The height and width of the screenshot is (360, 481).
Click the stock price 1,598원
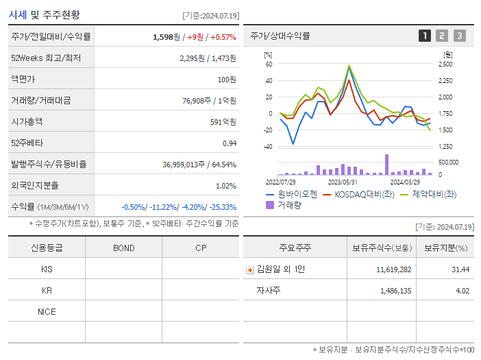click(x=166, y=37)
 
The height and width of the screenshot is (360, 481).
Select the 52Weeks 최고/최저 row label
click(x=46, y=58)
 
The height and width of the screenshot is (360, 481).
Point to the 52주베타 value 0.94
click(x=229, y=143)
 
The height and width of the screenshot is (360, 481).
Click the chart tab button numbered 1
click(x=425, y=36)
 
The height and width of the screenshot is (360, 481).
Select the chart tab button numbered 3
click(x=459, y=36)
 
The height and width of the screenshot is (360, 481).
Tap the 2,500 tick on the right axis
click(x=445, y=64)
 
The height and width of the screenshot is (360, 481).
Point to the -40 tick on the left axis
click(x=269, y=147)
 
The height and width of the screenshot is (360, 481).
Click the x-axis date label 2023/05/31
click(x=343, y=182)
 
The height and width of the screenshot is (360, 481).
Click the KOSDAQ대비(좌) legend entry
click(x=360, y=195)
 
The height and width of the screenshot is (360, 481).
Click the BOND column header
click(x=123, y=248)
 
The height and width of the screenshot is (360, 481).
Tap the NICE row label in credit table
click(x=47, y=311)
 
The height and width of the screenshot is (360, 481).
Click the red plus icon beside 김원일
click(x=250, y=269)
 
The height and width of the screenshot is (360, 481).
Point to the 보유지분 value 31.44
click(x=460, y=269)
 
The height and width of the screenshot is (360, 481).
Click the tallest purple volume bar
click(x=386, y=165)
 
